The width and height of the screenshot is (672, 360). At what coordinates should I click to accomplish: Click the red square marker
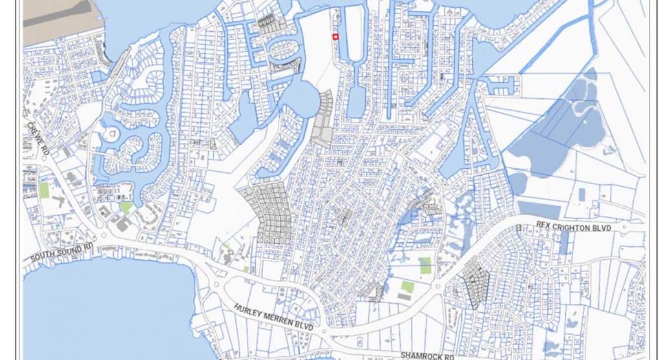335,37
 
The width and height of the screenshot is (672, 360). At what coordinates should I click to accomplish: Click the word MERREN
281,319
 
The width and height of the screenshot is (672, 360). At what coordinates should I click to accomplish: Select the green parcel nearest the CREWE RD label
44,190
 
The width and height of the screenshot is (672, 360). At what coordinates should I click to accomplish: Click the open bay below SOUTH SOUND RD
103,310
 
